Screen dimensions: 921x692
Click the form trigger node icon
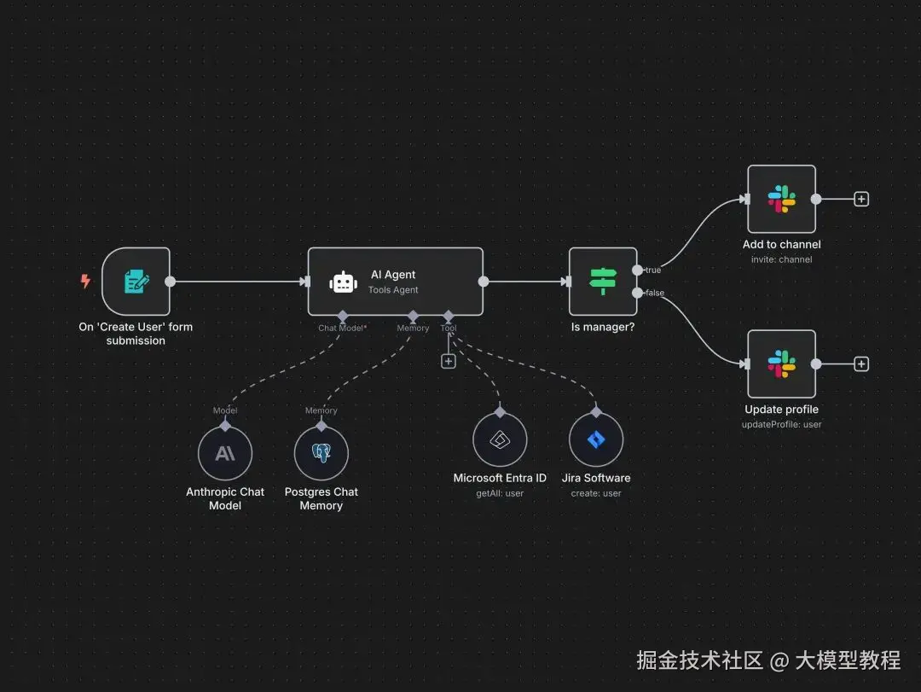(136, 282)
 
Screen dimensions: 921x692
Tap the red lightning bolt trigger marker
(85, 281)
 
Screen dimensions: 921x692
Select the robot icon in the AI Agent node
(343, 282)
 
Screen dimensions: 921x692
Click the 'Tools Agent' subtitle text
(393, 290)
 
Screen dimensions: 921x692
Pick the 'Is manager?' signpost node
(603, 282)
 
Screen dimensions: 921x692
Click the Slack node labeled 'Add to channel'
(781, 199)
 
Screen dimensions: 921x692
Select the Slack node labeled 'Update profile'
(781, 363)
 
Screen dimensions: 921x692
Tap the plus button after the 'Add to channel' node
(861, 199)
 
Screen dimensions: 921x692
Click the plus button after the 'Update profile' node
(861, 364)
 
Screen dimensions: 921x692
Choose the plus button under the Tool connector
(449, 361)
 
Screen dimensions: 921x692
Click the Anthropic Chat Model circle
(225, 453)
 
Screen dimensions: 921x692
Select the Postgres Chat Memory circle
(321, 453)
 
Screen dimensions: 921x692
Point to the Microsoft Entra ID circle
(500, 440)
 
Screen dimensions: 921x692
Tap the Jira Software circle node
(596, 440)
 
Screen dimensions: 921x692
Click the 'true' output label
(653, 270)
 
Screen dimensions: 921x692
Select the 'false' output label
(655, 293)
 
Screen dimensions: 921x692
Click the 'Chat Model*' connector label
(342, 328)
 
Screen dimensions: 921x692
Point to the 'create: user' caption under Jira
(596, 493)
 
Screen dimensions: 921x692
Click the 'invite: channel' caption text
(781, 259)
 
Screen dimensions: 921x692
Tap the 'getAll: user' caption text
(500, 493)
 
